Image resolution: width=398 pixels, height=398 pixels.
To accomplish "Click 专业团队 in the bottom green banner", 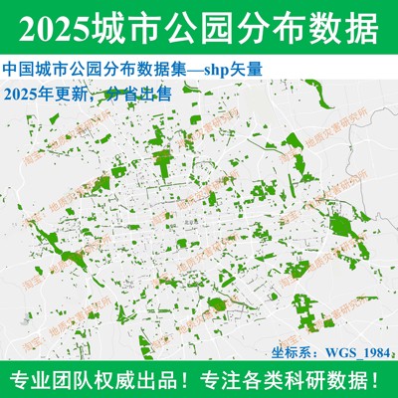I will (49, 380).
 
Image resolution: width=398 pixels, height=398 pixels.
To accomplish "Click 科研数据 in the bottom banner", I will (328, 380).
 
